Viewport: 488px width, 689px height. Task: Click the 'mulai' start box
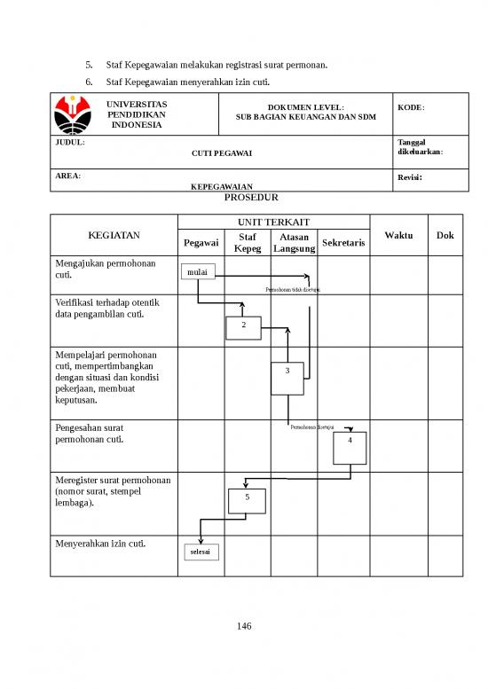198,272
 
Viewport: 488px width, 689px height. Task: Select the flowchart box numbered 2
243,326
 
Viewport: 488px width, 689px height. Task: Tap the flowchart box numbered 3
287,378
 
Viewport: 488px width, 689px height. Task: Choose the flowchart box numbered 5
247,497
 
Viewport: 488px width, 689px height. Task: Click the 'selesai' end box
201,552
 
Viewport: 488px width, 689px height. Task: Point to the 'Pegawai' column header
201,243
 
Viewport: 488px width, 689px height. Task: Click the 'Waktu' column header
398,235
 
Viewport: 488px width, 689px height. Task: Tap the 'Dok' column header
445,235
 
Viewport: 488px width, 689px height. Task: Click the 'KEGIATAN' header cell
114,236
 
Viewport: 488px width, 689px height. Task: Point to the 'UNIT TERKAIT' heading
274,221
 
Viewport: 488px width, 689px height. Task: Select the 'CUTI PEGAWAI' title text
222,154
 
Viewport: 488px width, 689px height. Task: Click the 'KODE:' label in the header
411,106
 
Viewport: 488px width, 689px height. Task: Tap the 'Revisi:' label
409,177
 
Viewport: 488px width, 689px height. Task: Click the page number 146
244,627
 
